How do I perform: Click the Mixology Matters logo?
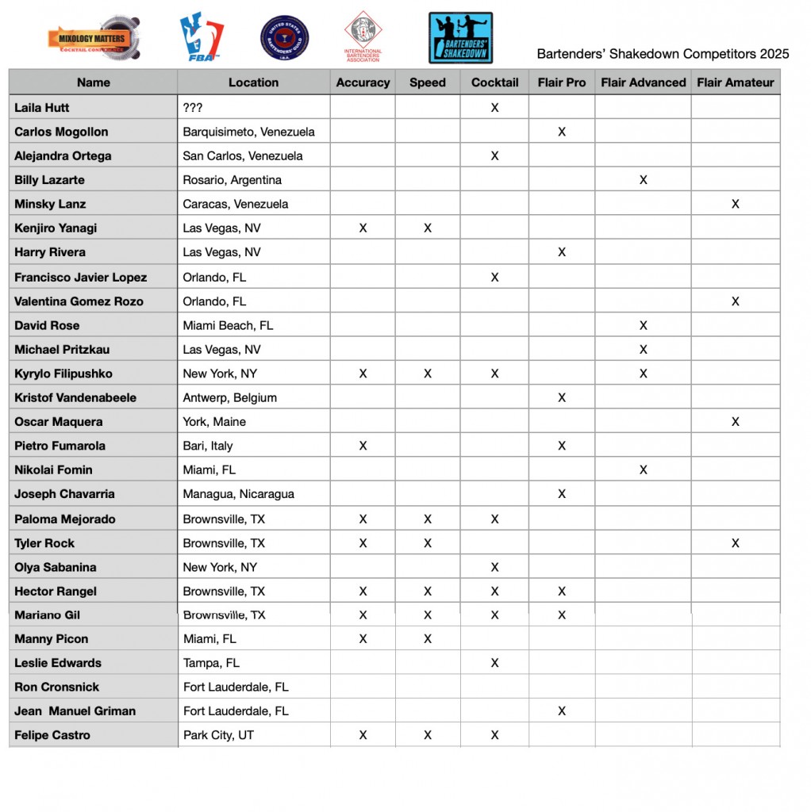tap(94, 37)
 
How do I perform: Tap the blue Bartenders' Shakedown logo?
tap(460, 37)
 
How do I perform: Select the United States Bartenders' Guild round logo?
tap(284, 38)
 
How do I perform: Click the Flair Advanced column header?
tap(643, 82)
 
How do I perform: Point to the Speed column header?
tap(427, 82)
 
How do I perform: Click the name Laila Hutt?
tap(43, 108)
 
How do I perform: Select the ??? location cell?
tap(194, 108)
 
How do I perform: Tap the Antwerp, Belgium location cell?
tap(229, 397)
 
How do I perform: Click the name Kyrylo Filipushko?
tap(63, 373)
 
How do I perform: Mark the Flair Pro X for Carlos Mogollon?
tap(562, 132)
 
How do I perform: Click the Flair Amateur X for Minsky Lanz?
tap(735, 204)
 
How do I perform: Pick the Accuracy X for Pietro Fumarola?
tap(363, 446)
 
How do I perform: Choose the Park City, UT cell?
tap(218, 735)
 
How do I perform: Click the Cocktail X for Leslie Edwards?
tap(494, 663)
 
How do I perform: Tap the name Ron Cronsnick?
tap(56, 687)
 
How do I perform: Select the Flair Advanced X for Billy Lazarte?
tap(643, 180)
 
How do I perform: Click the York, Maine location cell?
tap(214, 422)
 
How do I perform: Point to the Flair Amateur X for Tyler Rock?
tap(735, 543)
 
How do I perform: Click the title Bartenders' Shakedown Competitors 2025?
tap(663, 54)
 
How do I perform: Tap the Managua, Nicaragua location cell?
tap(238, 494)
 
